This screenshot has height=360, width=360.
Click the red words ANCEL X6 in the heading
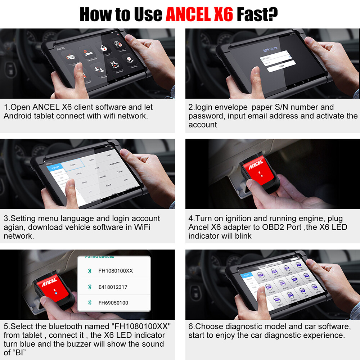(x=200, y=14)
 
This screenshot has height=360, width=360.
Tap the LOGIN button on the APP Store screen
(x=282, y=66)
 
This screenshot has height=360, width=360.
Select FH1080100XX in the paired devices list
(x=115, y=271)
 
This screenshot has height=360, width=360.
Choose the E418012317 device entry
(x=113, y=287)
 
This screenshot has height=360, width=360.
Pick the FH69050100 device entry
(x=113, y=303)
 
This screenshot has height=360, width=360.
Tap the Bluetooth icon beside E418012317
(x=90, y=287)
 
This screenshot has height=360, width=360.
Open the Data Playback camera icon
(x=114, y=65)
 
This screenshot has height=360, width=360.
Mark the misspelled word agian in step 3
(x=13, y=227)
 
